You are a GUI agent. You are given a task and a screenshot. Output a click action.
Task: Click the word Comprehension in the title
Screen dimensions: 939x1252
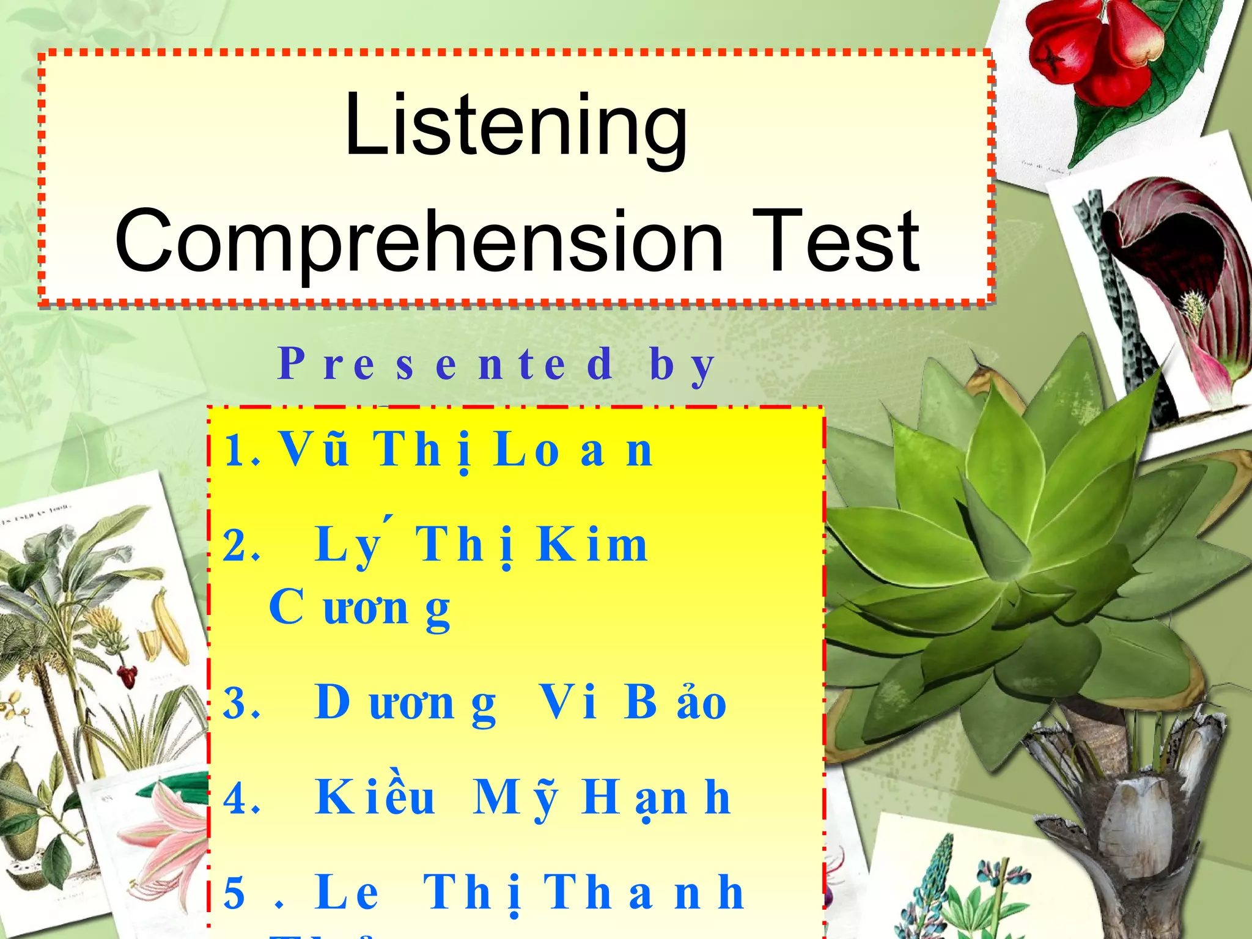(419, 241)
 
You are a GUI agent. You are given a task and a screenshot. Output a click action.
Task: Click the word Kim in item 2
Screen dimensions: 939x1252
(592, 545)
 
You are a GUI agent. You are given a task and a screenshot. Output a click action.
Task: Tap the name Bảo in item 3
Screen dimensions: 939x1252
(675, 703)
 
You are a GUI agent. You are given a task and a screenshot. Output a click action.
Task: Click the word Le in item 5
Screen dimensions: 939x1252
(347, 893)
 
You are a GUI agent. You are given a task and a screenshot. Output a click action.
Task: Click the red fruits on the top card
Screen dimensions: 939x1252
(1094, 52)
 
